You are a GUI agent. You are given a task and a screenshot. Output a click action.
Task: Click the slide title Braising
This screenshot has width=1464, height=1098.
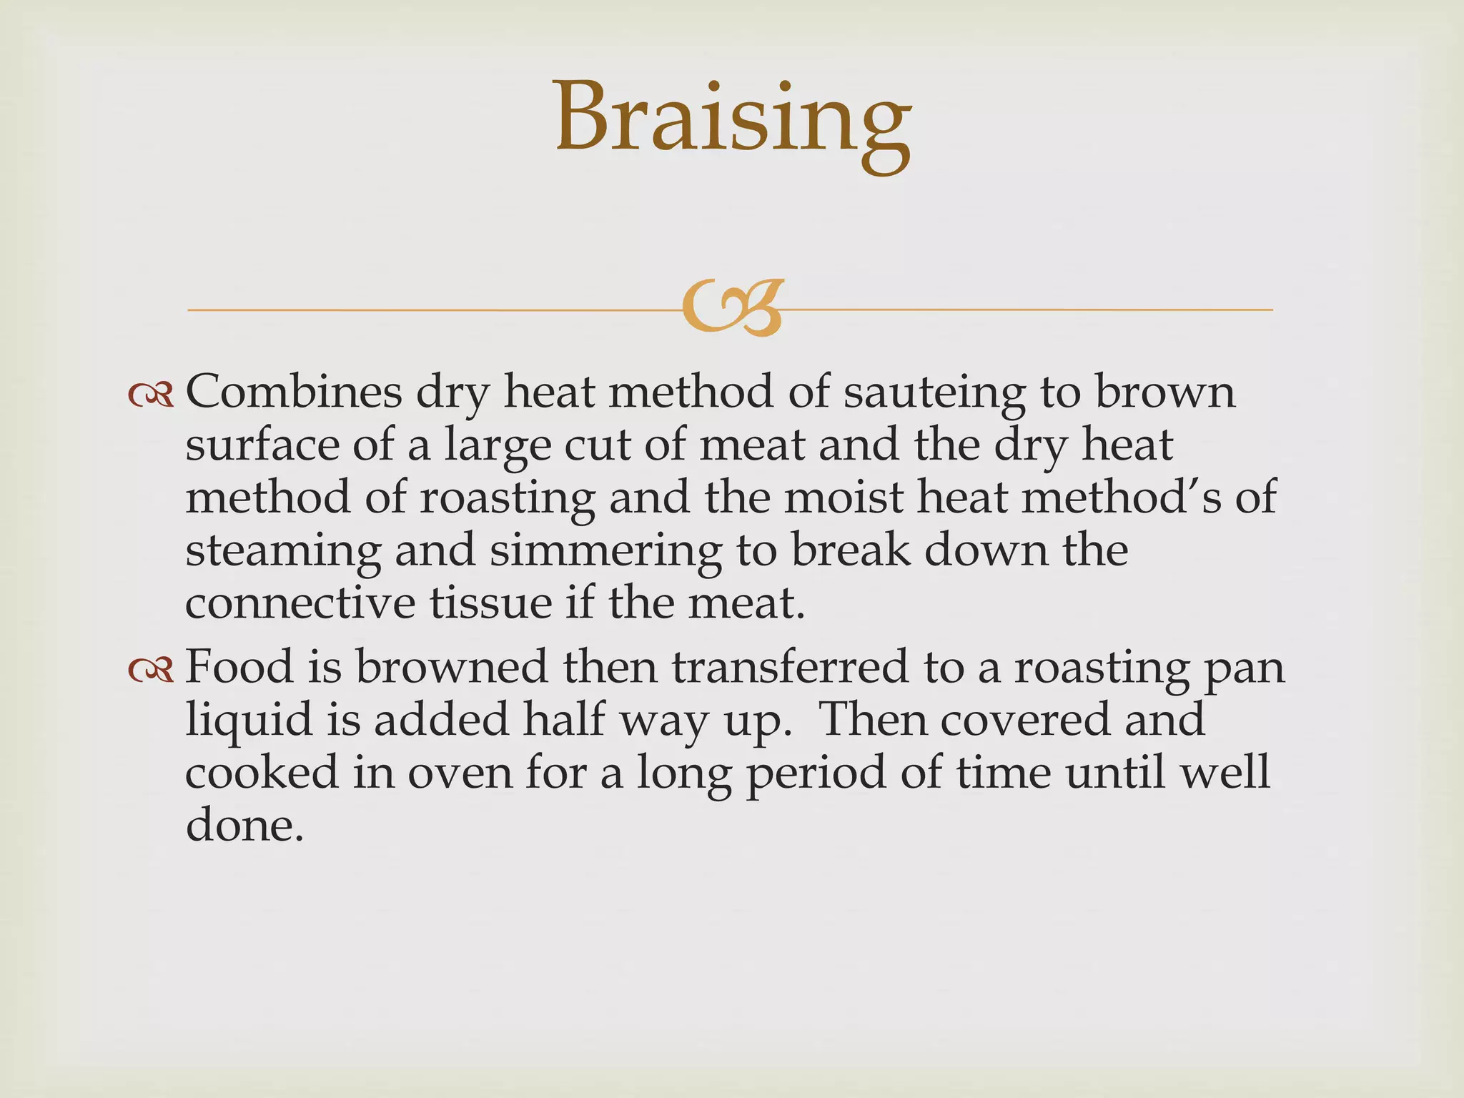coord(732,118)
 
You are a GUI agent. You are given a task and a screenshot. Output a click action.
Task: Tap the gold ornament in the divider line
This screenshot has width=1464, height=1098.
coord(732,308)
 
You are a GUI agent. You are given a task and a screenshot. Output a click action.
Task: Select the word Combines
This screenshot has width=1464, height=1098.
coord(294,392)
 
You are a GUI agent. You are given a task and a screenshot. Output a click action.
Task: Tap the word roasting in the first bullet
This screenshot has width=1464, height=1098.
coord(507,498)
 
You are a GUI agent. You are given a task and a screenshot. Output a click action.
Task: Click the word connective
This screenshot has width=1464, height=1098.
coord(300,603)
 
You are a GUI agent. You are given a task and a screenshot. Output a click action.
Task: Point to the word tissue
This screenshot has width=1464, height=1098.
coord(490,603)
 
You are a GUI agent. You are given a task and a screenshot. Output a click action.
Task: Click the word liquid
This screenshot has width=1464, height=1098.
coord(249,721)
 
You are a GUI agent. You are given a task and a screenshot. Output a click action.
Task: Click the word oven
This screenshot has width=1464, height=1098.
coord(460,773)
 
